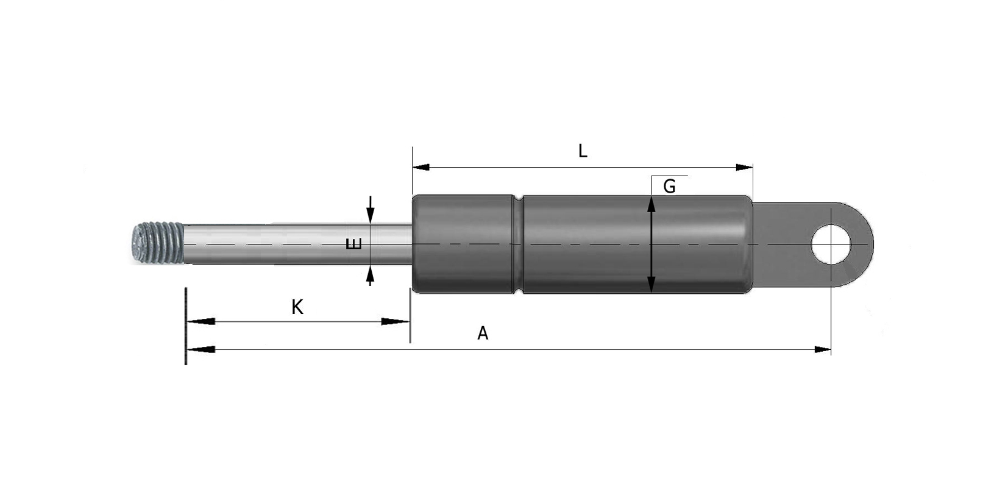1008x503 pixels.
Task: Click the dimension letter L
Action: pos(582,151)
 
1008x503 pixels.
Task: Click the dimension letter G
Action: pos(669,187)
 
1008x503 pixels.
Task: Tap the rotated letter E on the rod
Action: pos(354,244)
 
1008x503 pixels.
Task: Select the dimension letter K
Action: pos(297,307)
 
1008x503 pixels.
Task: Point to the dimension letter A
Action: pos(483,334)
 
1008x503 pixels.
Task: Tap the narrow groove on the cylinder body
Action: pos(518,244)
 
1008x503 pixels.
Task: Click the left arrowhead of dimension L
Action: pos(421,167)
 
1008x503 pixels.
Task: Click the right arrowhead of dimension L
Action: pos(745,167)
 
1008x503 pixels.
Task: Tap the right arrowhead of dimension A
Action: pos(823,349)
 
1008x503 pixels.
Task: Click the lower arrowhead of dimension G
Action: pos(651,284)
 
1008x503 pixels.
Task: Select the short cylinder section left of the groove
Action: pos(463,244)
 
